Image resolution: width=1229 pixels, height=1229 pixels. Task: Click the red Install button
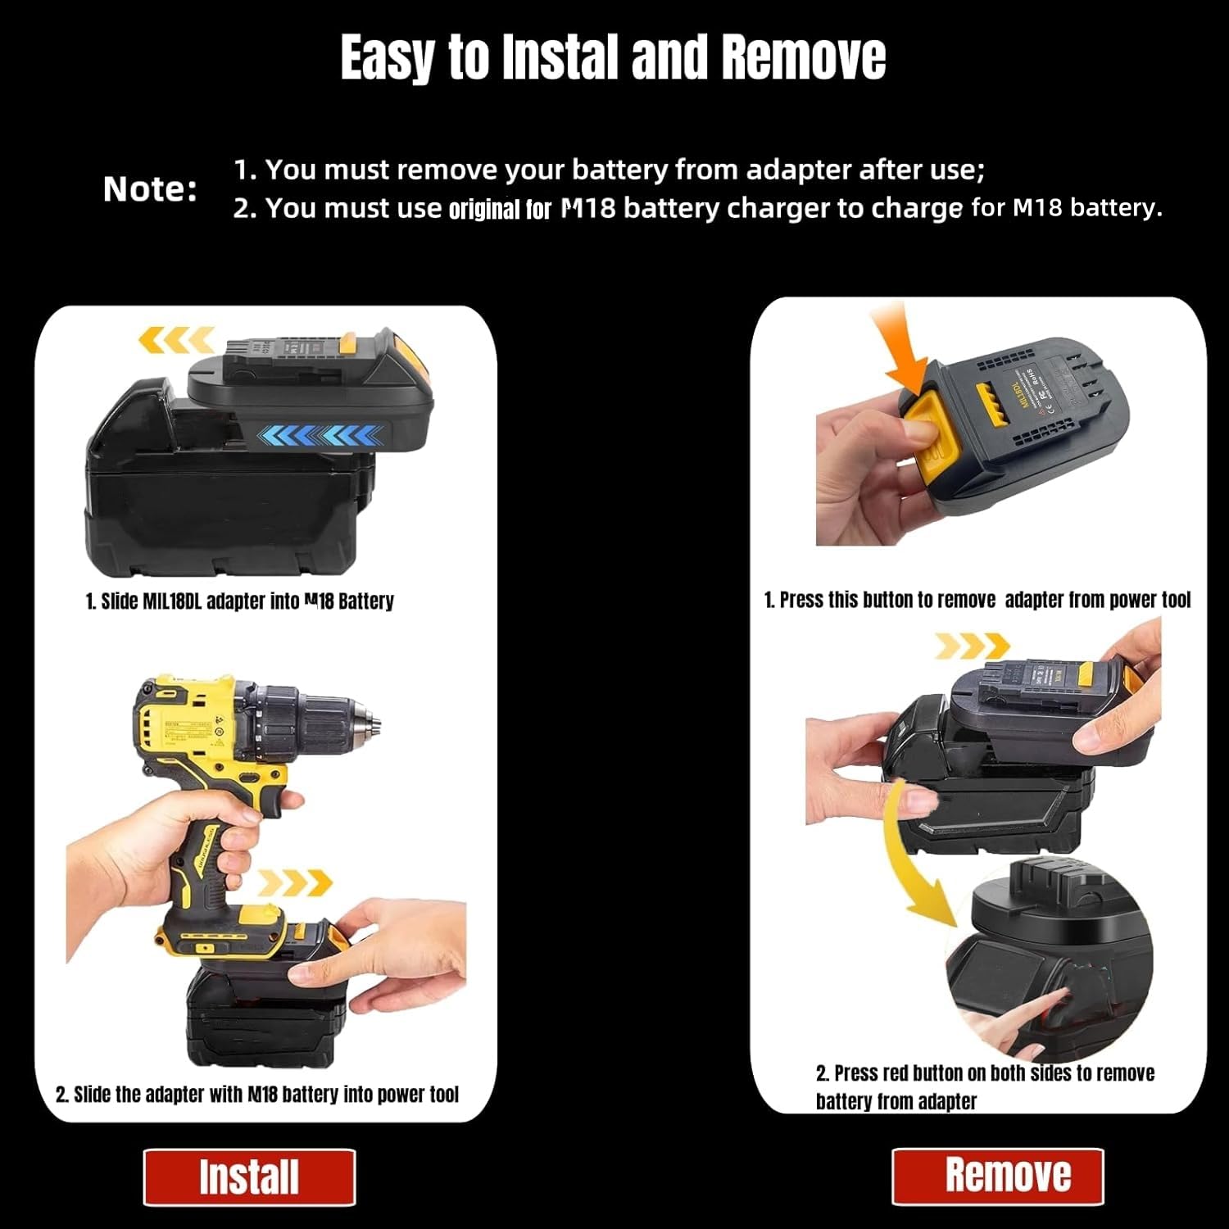[x=249, y=1177]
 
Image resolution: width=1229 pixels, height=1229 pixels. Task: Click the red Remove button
[x=998, y=1176]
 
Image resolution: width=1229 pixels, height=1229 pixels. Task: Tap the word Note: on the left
[x=150, y=189]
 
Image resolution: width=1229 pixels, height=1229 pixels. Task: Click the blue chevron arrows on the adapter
[x=320, y=435]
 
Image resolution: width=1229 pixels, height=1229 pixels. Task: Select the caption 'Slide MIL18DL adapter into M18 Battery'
[x=239, y=601]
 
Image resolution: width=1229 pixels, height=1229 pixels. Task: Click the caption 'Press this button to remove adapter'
[x=977, y=600]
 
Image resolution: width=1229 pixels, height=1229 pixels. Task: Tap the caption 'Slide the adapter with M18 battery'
[x=256, y=1095]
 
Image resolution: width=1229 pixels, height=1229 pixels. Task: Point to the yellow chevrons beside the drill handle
[x=294, y=882]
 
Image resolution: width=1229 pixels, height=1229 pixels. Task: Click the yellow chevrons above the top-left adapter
[x=175, y=339]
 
